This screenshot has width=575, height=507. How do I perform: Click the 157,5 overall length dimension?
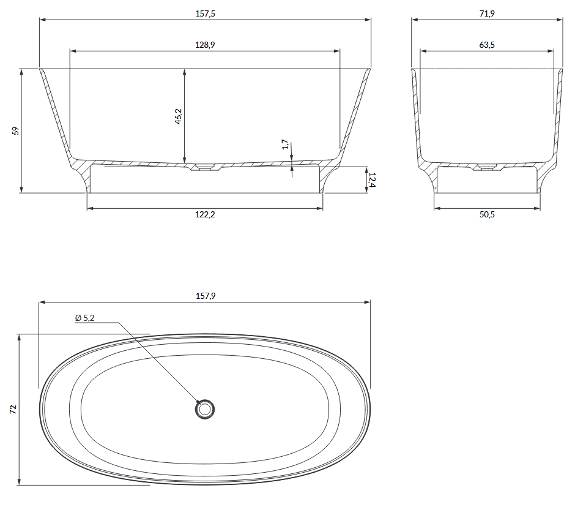(205, 13)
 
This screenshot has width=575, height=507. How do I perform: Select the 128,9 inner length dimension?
(205, 45)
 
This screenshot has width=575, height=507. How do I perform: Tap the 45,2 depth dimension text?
(178, 116)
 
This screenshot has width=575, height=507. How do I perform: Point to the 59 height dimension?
(15, 130)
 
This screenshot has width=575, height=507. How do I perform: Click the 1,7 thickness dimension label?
(285, 145)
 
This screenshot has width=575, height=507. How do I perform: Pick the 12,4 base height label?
(372, 180)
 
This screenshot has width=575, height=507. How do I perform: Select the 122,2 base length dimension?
(205, 214)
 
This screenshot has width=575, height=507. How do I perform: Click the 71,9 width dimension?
(487, 13)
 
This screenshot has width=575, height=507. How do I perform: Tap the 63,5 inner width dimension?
(487, 45)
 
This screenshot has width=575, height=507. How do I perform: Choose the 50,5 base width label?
(487, 214)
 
